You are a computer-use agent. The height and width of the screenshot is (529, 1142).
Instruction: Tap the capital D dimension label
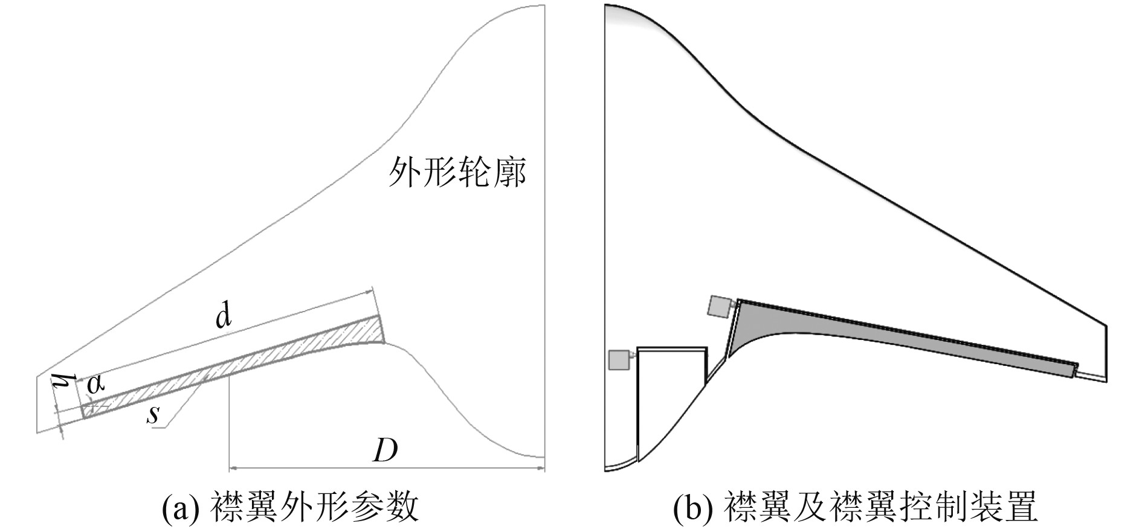pyautogui.click(x=385, y=450)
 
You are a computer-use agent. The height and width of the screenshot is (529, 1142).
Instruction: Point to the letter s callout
pyautogui.click(x=155, y=414)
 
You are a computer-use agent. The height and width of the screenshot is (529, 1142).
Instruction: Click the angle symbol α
pyautogui.click(x=95, y=384)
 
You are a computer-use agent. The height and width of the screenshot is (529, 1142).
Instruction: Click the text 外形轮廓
pyautogui.click(x=457, y=172)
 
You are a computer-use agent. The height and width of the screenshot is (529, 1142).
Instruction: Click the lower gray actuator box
pyautogui.click(x=619, y=360)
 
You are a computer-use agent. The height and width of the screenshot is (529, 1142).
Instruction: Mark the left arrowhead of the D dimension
pyautogui.click(x=233, y=467)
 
